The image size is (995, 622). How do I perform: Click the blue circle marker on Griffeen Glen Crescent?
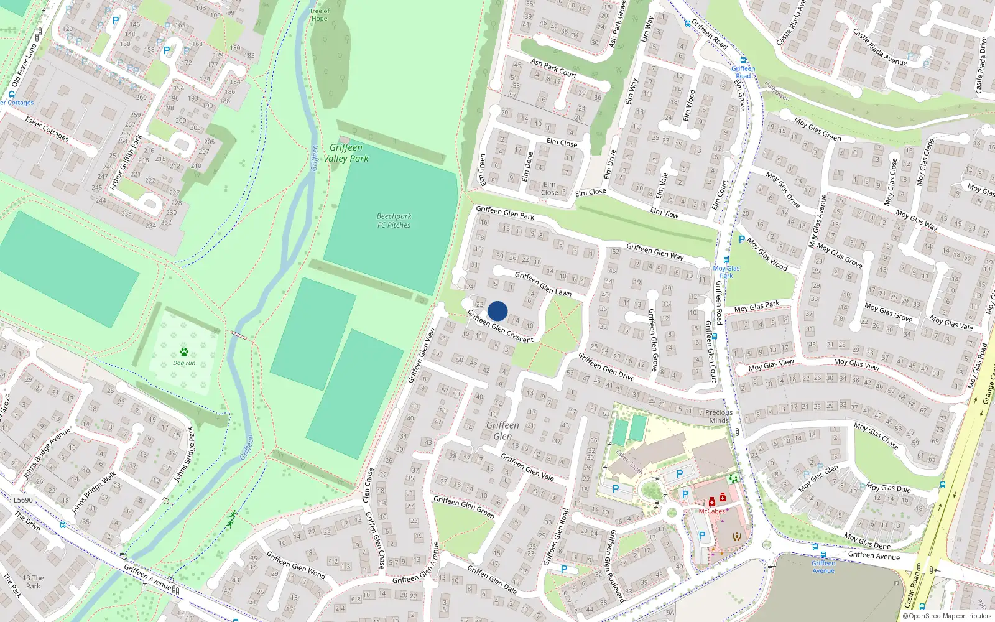(x=497, y=311)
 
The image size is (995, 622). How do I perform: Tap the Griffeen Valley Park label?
(x=346, y=153)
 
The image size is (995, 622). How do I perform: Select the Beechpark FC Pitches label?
(x=394, y=221)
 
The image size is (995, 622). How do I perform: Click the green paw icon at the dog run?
(x=184, y=352)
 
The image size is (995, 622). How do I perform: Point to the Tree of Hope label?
(x=320, y=14)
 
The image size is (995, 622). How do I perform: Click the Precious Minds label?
(x=719, y=416)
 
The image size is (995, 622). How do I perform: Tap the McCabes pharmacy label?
(x=711, y=511)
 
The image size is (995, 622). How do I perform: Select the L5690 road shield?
(x=23, y=500)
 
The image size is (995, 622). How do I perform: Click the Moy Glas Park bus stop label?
(x=726, y=272)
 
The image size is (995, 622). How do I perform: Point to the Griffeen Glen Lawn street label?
(x=543, y=283)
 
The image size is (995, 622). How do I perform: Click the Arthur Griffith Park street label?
(x=126, y=162)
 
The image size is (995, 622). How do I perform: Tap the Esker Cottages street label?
(x=47, y=129)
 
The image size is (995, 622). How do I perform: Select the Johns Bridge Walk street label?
(x=94, y=493)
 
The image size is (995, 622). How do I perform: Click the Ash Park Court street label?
(x=553, y=68)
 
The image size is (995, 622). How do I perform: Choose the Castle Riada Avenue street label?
(x=879, y=46)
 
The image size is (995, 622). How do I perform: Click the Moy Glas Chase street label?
(x=876, y=435)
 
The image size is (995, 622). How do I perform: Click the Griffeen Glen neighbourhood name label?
(x=502, y=430)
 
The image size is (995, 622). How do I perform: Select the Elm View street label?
(x=664, y=213)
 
